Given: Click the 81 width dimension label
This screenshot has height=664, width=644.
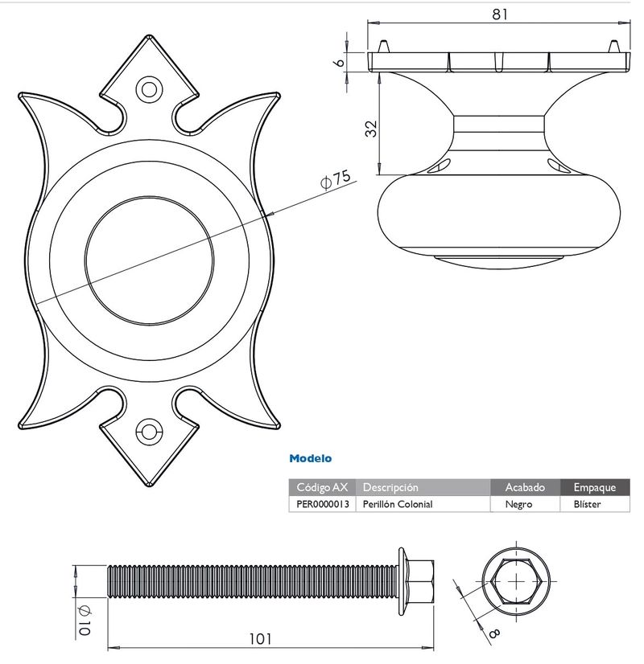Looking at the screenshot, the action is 499,14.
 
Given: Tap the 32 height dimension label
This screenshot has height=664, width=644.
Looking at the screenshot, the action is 371,129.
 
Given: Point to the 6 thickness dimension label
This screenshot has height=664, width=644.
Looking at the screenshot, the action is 339,62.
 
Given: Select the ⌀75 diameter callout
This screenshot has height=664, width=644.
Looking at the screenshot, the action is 336,179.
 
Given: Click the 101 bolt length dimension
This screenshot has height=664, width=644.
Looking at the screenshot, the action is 260,638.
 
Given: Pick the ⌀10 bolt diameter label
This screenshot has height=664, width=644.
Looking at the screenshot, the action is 85,620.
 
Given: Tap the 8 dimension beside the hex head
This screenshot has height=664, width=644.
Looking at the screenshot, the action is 494,633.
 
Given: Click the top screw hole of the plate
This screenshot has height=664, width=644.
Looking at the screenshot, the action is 149,90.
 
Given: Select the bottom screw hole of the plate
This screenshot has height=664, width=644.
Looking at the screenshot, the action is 149,432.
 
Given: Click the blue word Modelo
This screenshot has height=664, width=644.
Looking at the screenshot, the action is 311,458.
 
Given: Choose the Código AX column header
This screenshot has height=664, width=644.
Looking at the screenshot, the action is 322,487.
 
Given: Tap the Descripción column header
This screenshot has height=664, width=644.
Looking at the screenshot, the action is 390,487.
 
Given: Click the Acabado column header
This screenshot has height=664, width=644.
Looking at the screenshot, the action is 525,487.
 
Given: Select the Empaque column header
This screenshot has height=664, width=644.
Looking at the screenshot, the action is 595,487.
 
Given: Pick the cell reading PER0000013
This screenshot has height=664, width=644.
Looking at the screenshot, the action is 323,504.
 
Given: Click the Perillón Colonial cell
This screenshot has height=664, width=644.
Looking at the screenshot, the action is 398,504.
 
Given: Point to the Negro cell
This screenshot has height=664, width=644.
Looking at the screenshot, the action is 518,504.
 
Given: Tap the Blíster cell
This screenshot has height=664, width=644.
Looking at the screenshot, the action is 587,504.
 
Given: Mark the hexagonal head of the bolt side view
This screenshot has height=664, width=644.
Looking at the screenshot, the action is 419,581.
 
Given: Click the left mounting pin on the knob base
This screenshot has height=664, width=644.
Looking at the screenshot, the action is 383,46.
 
